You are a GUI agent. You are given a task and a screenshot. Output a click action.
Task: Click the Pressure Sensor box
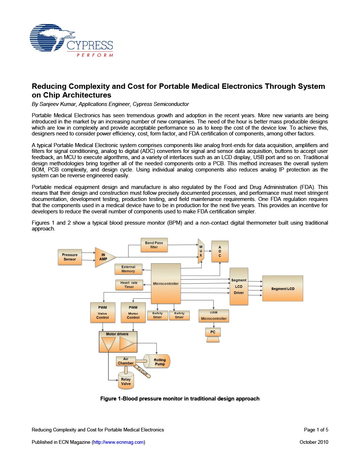[x=70, y=257]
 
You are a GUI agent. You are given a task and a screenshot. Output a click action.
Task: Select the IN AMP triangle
[x=104, y=257]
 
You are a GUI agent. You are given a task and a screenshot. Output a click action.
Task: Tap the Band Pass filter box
[x=154, y=245]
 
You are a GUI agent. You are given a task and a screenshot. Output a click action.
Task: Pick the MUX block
[x=201, y=251]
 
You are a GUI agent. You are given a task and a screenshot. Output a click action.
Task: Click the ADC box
[x=220, y=252]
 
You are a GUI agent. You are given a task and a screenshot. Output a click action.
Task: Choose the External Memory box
[x=128, y=269]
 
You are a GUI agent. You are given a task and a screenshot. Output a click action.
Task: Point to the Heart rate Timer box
[x=129, y=285]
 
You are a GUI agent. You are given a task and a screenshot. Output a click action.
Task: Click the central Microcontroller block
[x=166, y=283]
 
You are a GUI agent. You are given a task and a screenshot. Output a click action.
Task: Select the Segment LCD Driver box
[x=239, y=287]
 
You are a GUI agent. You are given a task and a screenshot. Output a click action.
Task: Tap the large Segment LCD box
[x=282, y=288]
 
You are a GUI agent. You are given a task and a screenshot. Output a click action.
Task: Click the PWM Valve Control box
[x=103, y=312]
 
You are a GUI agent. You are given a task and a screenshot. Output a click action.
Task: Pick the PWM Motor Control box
[x=133, y=312]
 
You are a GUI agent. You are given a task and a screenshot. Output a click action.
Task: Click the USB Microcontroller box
[x=214, y=316]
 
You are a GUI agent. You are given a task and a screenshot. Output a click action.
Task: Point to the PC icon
[x=213, y=334]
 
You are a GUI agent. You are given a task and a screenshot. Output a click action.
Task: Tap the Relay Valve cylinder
[x=126, y=381]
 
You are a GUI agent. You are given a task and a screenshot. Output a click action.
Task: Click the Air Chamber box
[x=126, y=361]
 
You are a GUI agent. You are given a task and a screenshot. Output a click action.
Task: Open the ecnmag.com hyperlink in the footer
[x=118, y=442]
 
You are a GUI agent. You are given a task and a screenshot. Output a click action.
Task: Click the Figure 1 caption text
[x=180, y=399]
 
